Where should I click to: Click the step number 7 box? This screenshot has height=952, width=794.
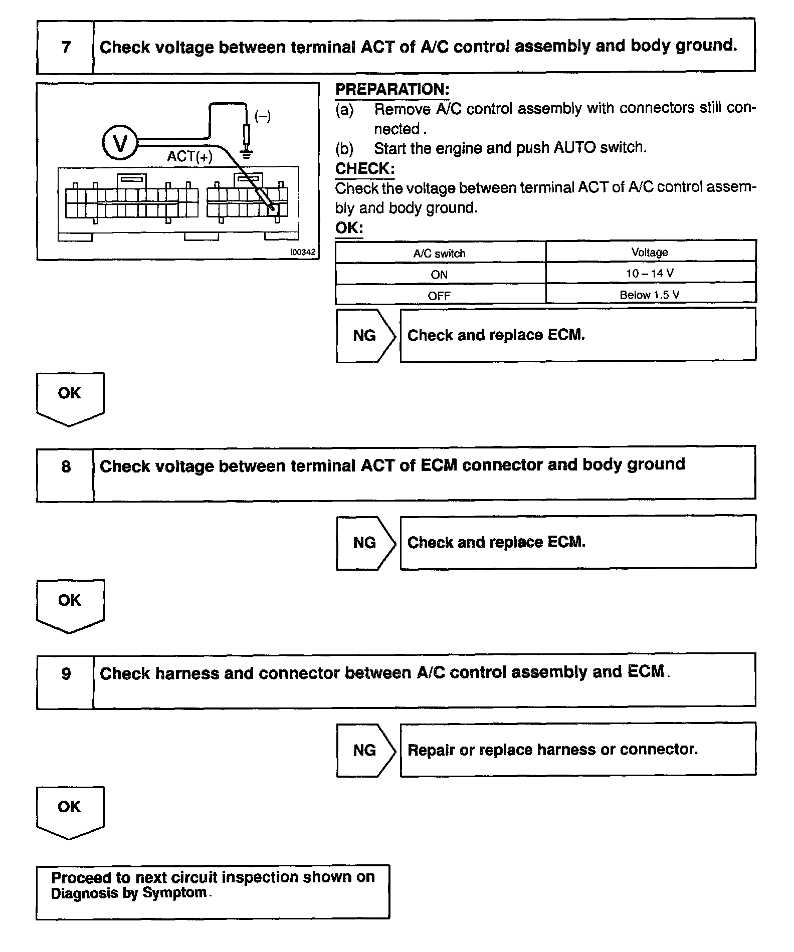(x=66, y=48)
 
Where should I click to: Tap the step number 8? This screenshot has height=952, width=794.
(x=66, y=467)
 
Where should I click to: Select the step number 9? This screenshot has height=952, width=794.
(x=66, y=674)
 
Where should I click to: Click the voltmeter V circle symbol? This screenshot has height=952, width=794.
(x=120, y=143)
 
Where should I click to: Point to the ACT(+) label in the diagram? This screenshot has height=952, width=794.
(x=189, y=157)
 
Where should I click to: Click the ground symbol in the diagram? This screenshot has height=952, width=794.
(x=246, y=151)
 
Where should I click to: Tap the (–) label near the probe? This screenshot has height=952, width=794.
(x=262, y=117)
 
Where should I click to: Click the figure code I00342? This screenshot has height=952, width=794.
(x=303, y=252)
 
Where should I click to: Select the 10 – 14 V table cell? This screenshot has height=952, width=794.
(x=650, y=274)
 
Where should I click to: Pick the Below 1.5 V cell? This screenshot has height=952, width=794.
(x=650, y=295)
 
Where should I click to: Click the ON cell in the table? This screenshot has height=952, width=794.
(x=439, y=275)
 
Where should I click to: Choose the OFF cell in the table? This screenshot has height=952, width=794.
(x=439, y=296)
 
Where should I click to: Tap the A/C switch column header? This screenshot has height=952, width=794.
(x=439, y=254)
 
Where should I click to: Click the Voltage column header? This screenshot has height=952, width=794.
(x=650, y=253)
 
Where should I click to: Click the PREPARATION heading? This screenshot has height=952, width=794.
(x=392, y=90)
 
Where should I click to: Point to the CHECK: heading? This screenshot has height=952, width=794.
(x=364, y=169)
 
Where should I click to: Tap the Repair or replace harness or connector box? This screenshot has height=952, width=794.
(x=577, y=750)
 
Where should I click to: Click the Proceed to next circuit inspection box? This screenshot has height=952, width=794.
(x=213, y=892)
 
